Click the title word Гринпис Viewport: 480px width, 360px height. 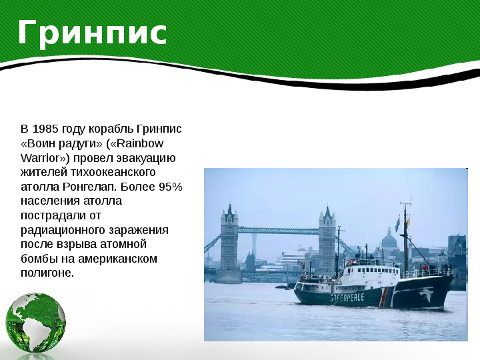click(92, 33)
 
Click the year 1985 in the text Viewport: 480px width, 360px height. click(45, 129)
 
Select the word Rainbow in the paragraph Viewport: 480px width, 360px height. click(140, 143)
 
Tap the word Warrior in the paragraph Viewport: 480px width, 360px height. click(40, 158)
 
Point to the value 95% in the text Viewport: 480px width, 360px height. click(171, 187)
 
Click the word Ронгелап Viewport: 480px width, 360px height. click(91, 187)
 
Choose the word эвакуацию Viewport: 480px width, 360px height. click(146, 159)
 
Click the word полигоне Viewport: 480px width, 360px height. click(47, 273)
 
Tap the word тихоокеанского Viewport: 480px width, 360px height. click(113, 173)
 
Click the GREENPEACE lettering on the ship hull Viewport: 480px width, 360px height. click(347, 297)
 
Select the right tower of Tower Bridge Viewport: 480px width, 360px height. click(327, 240)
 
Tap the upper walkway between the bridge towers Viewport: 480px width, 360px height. click(278, 231)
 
